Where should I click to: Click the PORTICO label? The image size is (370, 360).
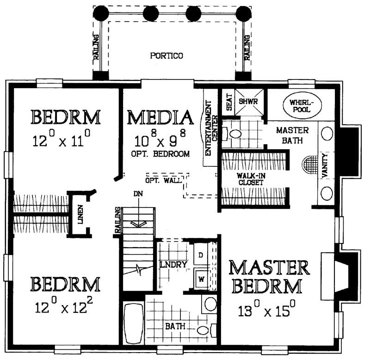click(x=166, y=56)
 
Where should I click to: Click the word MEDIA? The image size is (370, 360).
click(x=160, y=118)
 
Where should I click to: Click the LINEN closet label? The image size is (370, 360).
click(x=80, y=214)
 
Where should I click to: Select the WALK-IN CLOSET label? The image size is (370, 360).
click(x=250, y=179)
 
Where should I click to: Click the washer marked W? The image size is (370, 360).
click(x=202, y=279)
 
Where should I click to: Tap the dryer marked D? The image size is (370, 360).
click(x=202, y=255)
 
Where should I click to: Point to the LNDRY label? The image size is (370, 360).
click(x=173, y=265)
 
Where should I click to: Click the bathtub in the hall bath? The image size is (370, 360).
click(x=134, y=323)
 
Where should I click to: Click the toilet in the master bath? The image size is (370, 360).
click(x=234, y=134)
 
